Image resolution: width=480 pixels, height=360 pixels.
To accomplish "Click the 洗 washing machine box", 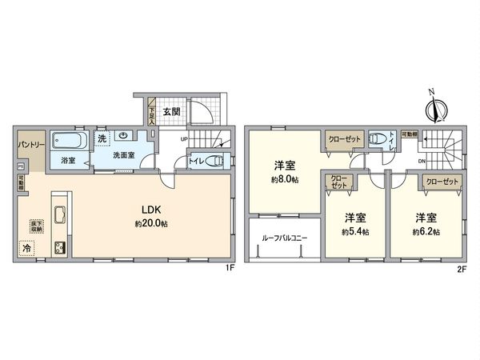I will (x=102, y=138).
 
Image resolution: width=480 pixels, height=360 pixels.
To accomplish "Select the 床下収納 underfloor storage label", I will (x=35, y=226).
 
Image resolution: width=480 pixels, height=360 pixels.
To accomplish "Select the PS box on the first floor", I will (x=20, y=166).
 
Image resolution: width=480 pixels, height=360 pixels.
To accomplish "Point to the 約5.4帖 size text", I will (x=355, y=232).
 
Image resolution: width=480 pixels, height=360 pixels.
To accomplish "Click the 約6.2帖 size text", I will (x=425, y=232).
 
